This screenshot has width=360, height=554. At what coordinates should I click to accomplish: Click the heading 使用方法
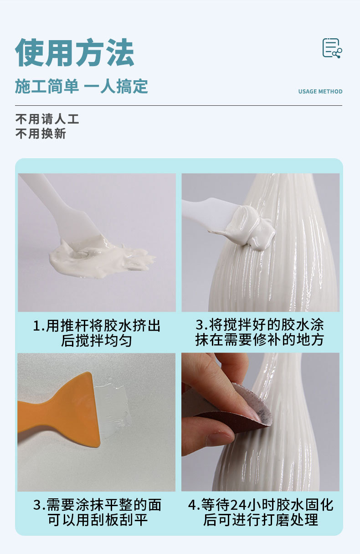click(75, 53)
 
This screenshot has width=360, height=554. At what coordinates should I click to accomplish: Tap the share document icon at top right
click(332, 48)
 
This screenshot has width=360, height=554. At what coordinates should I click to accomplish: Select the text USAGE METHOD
click(320, 92)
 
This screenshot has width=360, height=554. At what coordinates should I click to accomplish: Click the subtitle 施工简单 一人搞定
click(82, 86)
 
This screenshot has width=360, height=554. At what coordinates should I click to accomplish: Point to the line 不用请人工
click(47, 119)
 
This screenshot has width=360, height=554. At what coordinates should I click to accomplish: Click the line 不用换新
click(41, 134)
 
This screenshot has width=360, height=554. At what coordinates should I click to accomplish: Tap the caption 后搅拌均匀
click(96, 341)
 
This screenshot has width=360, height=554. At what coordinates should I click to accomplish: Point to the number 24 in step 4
click(239, 505)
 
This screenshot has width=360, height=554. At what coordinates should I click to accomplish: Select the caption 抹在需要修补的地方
click(259, 340)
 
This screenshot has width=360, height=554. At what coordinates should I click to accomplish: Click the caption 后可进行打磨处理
click(260, 520)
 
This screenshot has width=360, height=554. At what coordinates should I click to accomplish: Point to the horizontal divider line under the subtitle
click(179, 106)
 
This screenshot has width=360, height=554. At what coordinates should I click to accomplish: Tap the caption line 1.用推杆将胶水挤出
click(97, 326)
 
